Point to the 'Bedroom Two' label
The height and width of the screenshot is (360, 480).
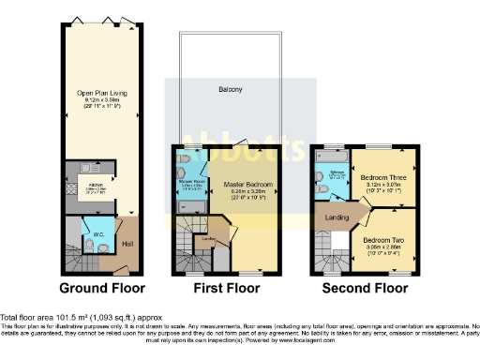[x=382, y=239]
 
